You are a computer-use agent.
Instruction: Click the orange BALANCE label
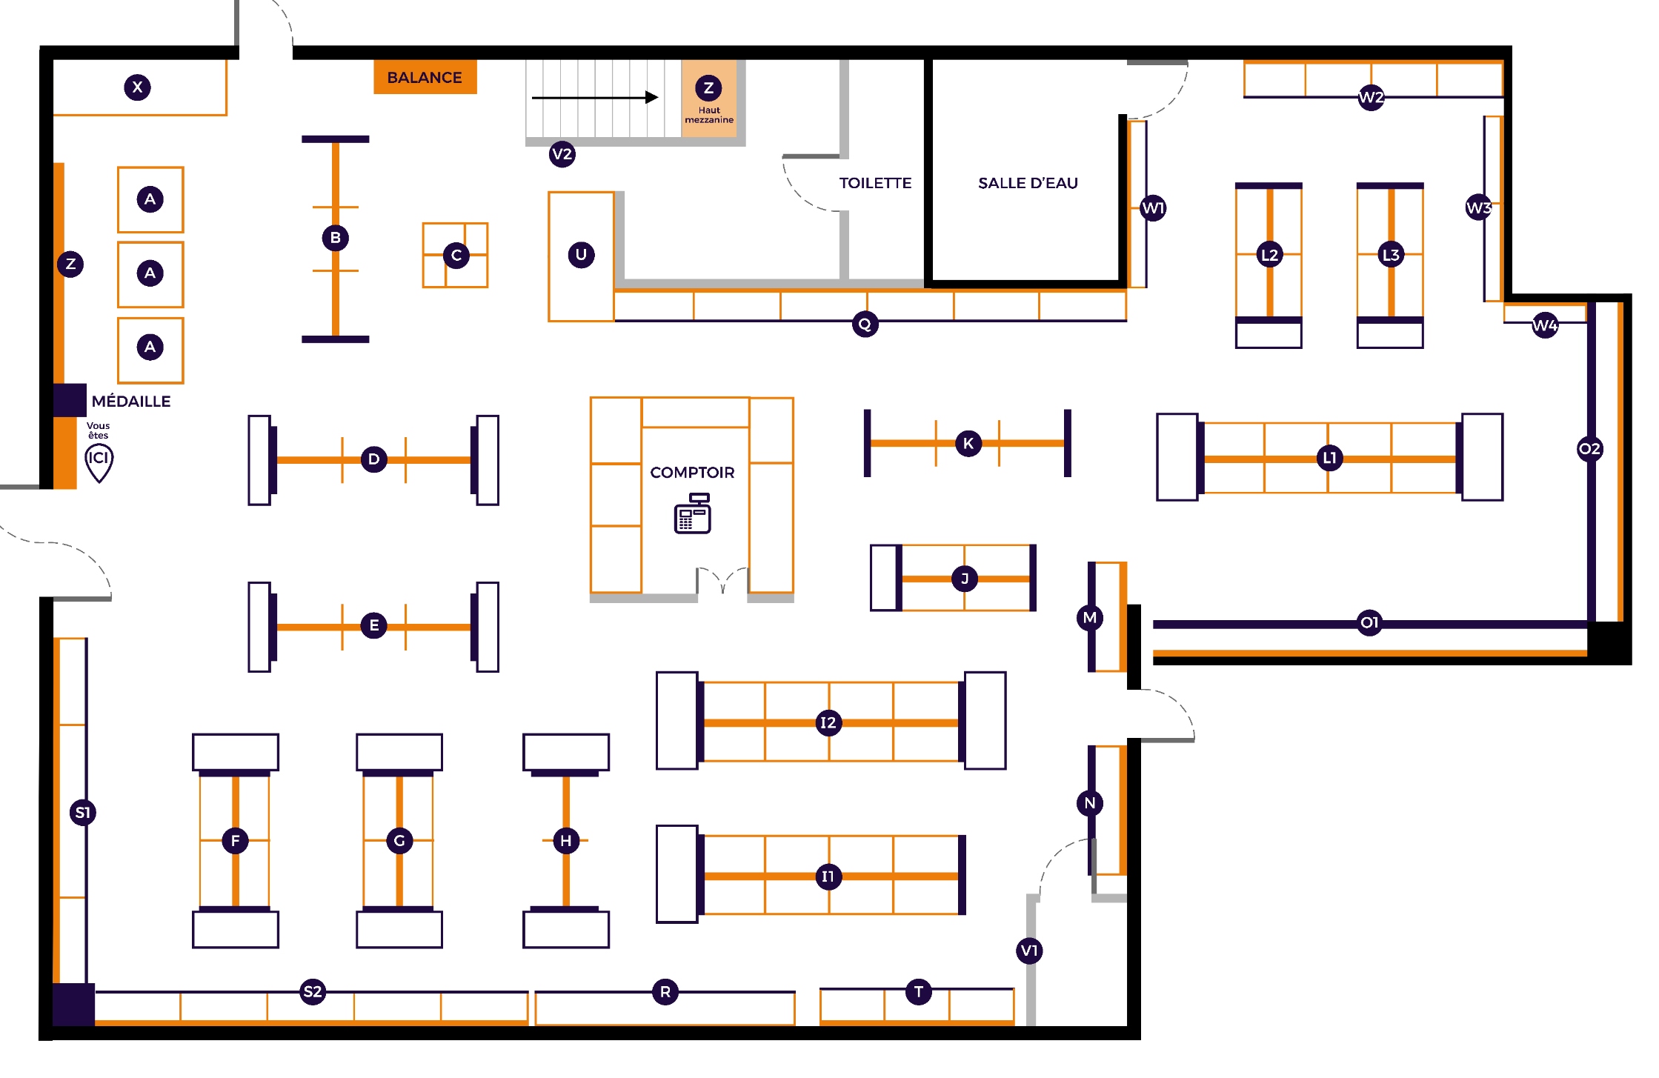[x=425, y=78]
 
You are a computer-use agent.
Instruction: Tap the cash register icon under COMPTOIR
[x=692, y=513]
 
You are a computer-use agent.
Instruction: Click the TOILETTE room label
[x=875, y=183]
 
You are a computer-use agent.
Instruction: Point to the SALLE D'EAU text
[x=1028, y=183]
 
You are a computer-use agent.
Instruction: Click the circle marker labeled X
[x=137, y=87]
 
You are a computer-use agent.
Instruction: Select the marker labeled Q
[x=865, y=325]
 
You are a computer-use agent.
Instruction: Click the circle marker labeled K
[x=968, y=443]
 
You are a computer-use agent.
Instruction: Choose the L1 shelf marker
[x=1329, y=458]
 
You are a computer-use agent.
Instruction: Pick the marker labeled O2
[x=1589, y=448]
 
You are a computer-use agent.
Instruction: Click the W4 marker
[x=1545, y=325]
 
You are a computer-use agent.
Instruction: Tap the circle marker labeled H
[x=566, y=840]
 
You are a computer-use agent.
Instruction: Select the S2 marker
[x=313, y=991]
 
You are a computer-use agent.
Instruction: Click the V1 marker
[x=1030, y=951]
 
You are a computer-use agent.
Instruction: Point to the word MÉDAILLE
[x=131, y=402]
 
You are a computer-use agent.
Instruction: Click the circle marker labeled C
[x=456, y=256]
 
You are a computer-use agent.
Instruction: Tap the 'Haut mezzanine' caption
[x=709, y=116]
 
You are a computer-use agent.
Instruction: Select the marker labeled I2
[x=828, y=722]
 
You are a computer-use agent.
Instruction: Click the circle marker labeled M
[x=1090, y=618]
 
